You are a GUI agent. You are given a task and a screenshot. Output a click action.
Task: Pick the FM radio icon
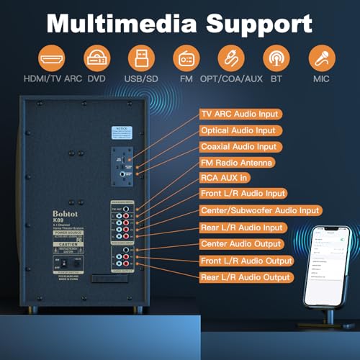(184, 58)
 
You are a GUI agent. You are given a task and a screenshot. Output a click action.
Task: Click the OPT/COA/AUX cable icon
(229, 58)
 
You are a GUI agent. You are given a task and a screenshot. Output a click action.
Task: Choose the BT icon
(274, 58)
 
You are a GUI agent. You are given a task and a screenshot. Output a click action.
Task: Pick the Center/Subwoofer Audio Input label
(260, 210)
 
